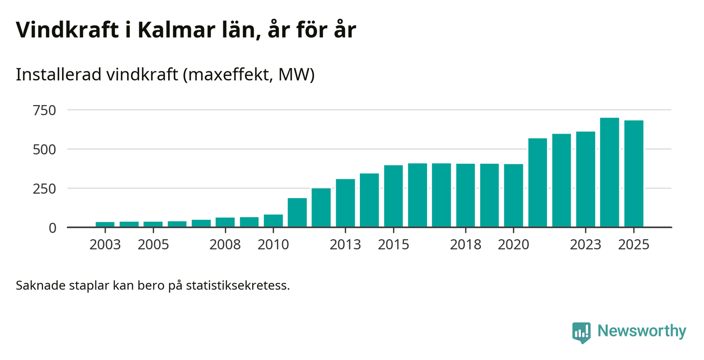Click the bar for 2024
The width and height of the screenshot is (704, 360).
[609, 173]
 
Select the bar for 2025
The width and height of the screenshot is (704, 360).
[634, 174]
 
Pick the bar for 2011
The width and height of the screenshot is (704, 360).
[297, 213]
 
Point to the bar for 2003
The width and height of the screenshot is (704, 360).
[105, 224]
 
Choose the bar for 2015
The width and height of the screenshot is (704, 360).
[394, 197]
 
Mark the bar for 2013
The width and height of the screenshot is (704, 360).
[345, 203]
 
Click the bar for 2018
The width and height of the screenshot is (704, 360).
[465, 196]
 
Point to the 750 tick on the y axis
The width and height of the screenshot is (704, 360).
[44, 110]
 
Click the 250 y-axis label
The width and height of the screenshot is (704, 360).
[44, 189]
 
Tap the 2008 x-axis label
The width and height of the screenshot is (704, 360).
[225, 245]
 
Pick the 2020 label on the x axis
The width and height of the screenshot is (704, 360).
[513, 245]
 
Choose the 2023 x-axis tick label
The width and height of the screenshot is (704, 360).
[586, 245]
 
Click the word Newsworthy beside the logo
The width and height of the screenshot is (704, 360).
[641, 332]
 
